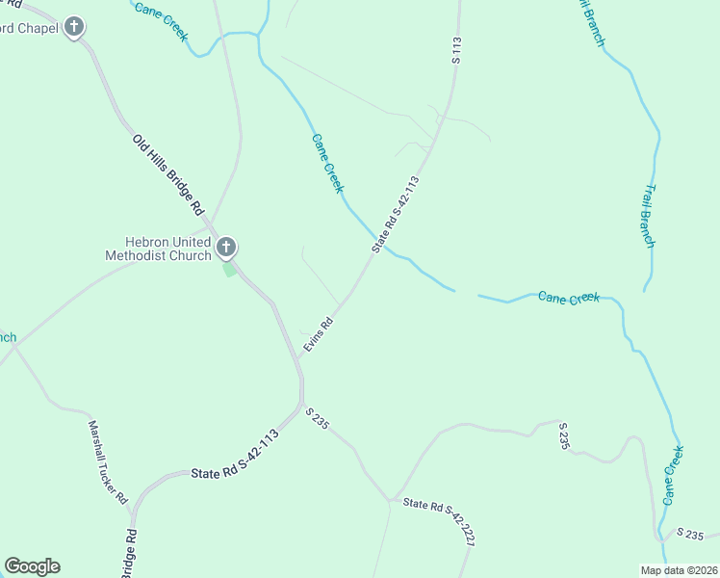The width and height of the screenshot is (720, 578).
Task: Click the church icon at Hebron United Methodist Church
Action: (x=226, y=247)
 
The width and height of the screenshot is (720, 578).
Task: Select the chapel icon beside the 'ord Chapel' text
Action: (x=75, y=28)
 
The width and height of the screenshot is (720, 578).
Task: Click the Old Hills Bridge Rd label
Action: (x=169, y=174)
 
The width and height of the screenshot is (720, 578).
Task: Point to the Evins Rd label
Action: (x=318, y=333)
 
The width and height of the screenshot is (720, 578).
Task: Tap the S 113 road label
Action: (x=457, y=50)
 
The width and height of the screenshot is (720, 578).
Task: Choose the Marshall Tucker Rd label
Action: (x=108, y=462)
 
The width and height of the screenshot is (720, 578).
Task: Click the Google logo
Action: (x=32, y=566)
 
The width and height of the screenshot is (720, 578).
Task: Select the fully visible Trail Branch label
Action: (x=649, y=216)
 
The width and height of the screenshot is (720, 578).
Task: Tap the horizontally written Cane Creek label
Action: (x=569, y=298)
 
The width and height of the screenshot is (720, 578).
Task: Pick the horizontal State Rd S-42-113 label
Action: (x=234, y=469)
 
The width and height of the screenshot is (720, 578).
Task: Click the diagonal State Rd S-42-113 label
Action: (x=397, y=214)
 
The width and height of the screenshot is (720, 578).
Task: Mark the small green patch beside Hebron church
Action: (x=229, y=270)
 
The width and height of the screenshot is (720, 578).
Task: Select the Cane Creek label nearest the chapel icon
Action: (x=161, y=22)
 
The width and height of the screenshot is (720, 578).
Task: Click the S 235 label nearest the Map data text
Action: (x=692, y=534)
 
